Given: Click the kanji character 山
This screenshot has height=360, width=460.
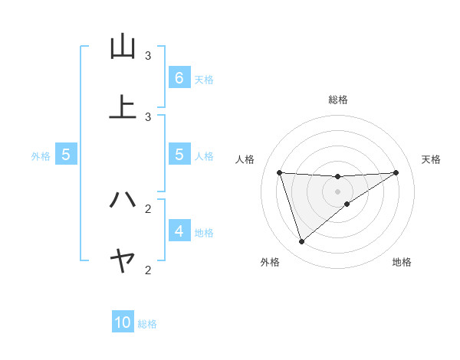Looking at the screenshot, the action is pyautogui.click(x=123, y=47).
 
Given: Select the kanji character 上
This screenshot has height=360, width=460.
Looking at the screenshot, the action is pyautogui.click(x=123, y=107).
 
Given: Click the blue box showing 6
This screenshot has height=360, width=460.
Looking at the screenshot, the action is pyautogui.click(x=179, y=77).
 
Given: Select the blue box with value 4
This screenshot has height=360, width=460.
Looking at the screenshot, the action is pyautogui.click(x=179, y=231).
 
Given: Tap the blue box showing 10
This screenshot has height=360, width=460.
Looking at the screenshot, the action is pyautogui.click(x=123, y=322).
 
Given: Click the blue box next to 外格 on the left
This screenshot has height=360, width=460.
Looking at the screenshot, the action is pyautogui.click(x=66, y=154).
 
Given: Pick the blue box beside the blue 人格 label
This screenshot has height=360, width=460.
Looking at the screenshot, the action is pyautogui.click(x=179, y=154).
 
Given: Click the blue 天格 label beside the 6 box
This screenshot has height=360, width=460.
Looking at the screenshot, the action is pyautogui.click(x=204, y=79).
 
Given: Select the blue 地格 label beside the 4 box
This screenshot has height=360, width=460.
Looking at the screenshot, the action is pyautogui.click(x=204, y=232).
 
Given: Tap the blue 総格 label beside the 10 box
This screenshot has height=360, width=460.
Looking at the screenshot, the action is pyautogui.click(x=147, y=324).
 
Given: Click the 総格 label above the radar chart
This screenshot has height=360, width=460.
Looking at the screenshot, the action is pyautogui.click(x=337, y=100).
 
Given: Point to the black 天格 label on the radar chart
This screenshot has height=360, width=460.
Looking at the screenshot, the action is pyautogui.click(x=432, y=159).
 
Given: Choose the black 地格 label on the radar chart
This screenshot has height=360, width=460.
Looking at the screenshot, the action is pyautogui.click(x=402, y=262).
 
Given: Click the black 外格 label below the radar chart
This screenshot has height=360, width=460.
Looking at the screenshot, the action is pyautogui.click(x=270, y=262).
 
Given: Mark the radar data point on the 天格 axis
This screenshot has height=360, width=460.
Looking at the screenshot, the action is pyautogui.click(x=396, y=172).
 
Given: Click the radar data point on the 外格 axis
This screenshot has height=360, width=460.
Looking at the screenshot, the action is pyautogui.click(x=301, y=242).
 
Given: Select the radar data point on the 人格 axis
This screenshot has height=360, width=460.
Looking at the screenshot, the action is pyautogui.click(x=280, y=172).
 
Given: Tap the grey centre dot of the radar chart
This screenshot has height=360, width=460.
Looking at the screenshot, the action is pyautogui.click(x=337, y=191).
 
